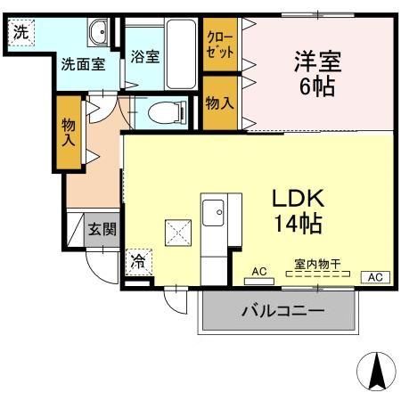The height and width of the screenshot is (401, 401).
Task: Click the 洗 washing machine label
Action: pos(19,29)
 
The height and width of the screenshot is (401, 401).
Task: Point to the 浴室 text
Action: pos(145,57)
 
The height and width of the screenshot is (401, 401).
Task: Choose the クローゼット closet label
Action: pos(219,45)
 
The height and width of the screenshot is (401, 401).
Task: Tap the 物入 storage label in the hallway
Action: pos(69,133)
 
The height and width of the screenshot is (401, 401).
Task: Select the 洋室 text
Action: pos(317,63)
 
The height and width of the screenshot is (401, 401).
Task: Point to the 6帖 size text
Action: pos(317,90)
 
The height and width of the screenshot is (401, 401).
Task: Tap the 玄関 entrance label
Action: pos(101,228)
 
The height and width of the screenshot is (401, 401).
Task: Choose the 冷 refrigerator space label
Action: pos(138,262)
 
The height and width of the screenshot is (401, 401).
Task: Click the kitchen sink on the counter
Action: pos(214,214)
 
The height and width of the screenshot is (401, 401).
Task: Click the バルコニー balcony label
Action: pos(282,311)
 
